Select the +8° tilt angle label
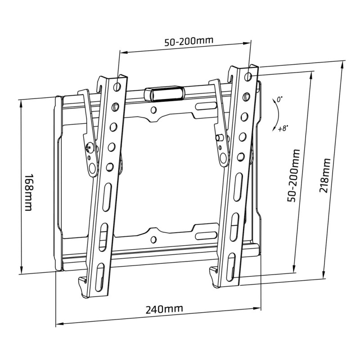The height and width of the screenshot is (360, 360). (283, 128)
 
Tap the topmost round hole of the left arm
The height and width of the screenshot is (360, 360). (118, 85)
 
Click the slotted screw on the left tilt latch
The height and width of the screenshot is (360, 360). (90, 146)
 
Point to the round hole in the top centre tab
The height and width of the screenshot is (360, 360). (154, 109)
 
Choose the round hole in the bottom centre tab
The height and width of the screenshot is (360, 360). (154, 239)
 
